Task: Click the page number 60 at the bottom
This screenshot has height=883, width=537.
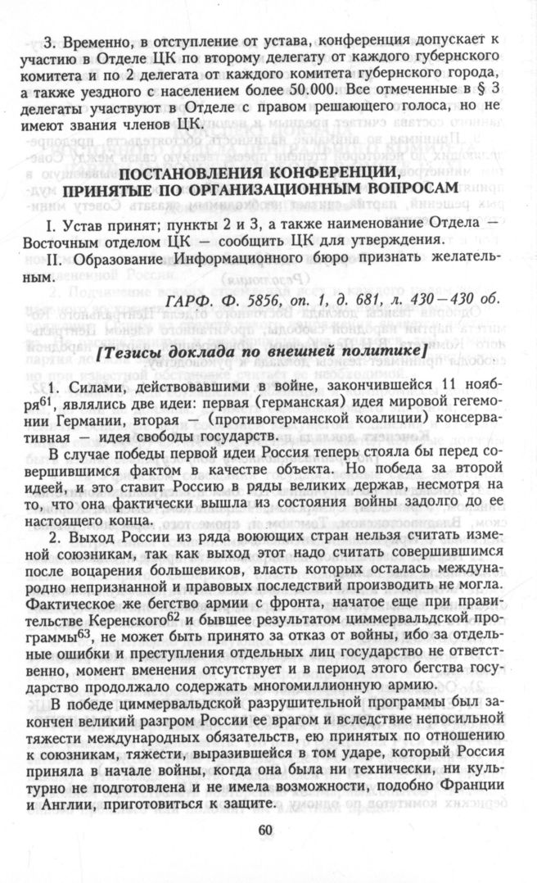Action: [x=264, y=830]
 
